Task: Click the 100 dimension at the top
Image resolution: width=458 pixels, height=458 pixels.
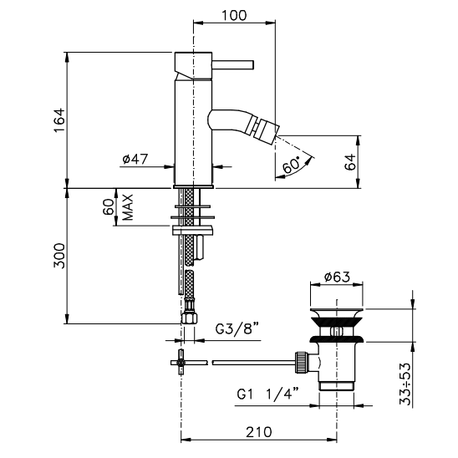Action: tap(234, 15)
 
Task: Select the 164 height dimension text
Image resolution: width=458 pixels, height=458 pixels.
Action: tap(59, 120)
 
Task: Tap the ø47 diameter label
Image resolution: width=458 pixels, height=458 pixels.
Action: tap(135, 159)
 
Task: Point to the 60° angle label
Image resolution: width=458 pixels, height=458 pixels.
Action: tap(292, 165)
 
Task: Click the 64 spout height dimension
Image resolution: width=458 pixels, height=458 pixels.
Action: tap(350, 162)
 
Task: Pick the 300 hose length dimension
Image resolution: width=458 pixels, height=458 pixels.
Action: tap(59, 256)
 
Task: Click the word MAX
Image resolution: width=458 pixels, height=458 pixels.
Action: tap(128, 207)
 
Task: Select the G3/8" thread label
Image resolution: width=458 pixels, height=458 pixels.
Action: tap(237, 328)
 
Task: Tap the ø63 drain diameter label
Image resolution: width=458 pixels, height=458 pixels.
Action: tap(337, 277)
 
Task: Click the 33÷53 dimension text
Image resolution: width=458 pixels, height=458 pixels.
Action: tap(405, 384)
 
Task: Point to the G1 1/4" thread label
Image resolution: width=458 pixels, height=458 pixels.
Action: tap(267, 394)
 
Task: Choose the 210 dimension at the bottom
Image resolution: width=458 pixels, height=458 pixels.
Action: tap(259, 432)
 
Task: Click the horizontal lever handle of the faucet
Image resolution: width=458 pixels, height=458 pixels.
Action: tap(233, 65)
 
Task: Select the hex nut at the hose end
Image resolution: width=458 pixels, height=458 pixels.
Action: tap(189, 318)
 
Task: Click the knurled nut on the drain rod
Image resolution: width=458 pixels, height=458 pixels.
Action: tap(302, 362)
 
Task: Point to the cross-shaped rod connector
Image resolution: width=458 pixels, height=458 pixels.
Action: tap(181, 363)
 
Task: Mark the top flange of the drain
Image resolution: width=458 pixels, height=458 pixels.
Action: tap(337, 310)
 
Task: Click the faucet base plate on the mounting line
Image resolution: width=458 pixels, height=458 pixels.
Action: tap(193, 186)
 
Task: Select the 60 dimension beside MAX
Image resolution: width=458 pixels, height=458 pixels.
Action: tap(109, 206)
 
